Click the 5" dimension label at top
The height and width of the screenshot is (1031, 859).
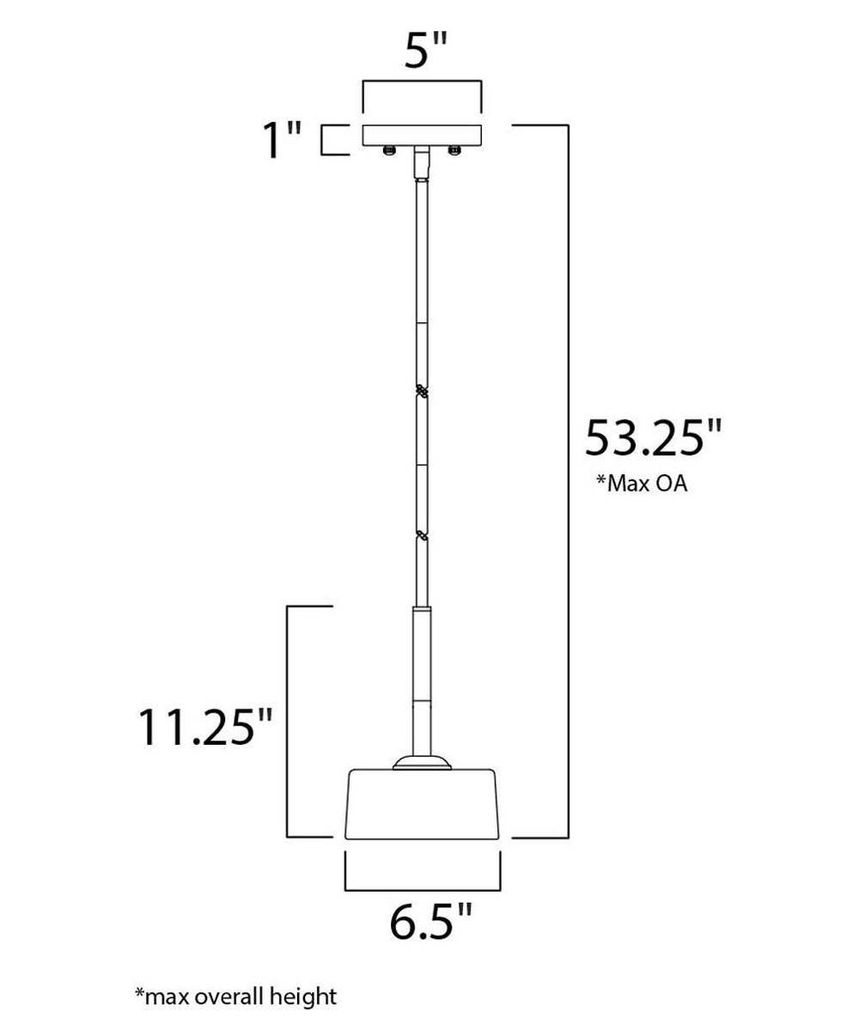pos(425,51)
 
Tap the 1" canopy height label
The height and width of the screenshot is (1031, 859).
pos(282,140)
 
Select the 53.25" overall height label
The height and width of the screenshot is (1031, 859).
pos(653,437)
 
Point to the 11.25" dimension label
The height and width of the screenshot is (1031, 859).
pos(204,727)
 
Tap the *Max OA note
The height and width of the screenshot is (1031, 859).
pos(642,484)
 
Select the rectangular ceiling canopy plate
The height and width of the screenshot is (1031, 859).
pos(422,135)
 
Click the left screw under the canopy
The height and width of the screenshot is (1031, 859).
pos(389,150)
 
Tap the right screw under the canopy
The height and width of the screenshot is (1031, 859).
pos(454,150)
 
